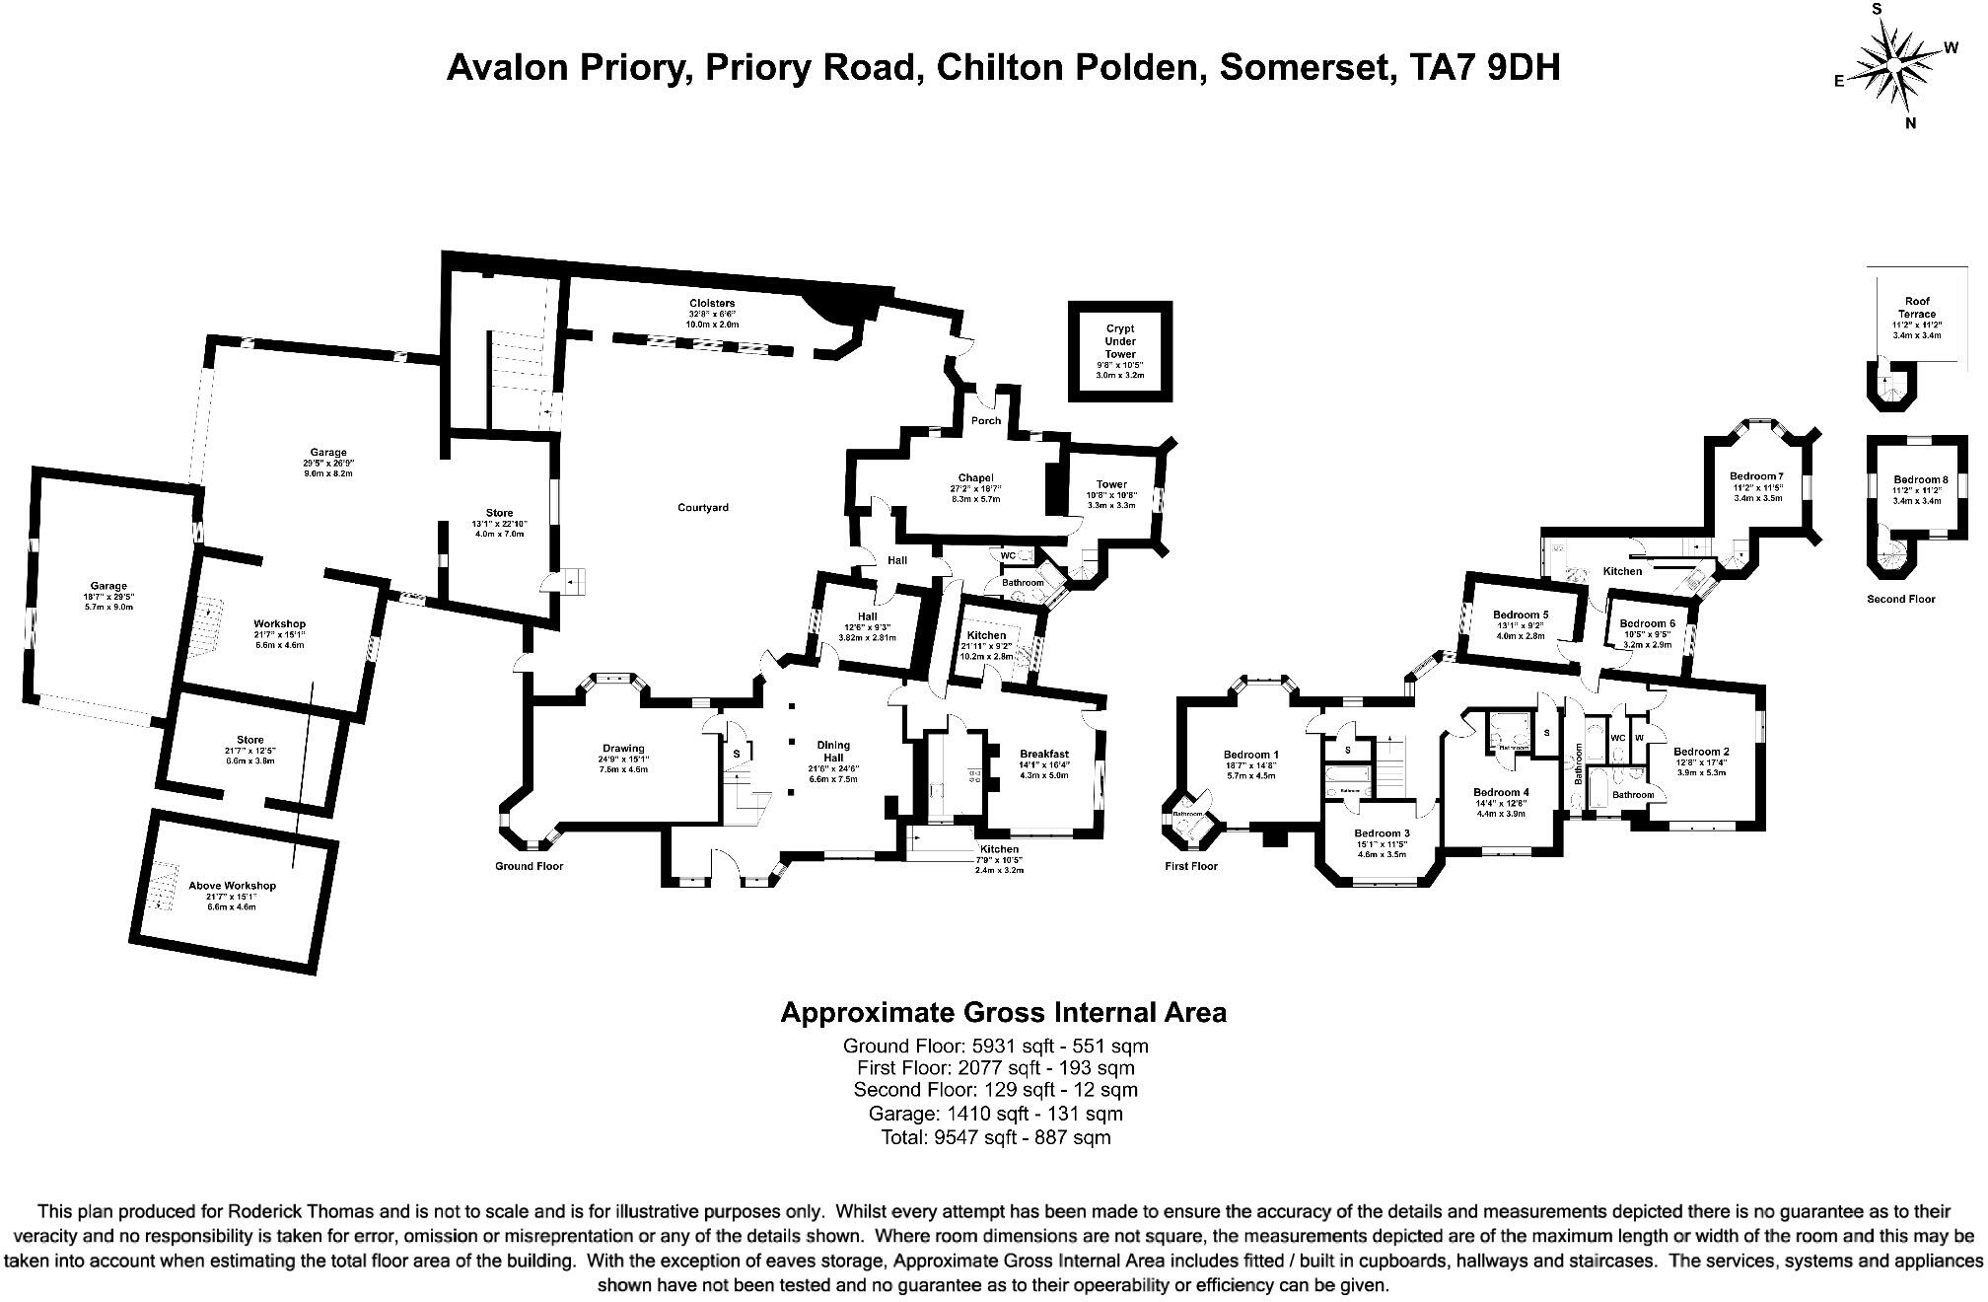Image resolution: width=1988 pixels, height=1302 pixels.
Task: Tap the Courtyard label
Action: point(702,508)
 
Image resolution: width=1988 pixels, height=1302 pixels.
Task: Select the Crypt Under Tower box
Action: point(1120,351)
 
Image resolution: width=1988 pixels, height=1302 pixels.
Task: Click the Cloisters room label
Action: point(712,304)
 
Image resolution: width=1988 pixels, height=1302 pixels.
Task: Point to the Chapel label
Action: point(975,478)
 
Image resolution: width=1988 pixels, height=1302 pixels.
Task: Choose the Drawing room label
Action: point(623,749)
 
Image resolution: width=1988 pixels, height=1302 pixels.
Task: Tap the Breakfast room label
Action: point(1044,755)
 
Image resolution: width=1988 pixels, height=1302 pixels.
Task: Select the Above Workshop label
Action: point(232,886)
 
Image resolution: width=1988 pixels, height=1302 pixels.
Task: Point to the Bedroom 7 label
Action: point(1756,477)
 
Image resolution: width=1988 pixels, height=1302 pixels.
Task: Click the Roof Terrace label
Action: point(1917,308)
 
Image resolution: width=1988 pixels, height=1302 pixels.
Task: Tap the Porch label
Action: point(985,421)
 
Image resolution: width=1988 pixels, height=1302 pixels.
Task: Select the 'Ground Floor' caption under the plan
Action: point(529,867)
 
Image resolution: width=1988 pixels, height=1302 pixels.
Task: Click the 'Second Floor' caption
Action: point(1900,599)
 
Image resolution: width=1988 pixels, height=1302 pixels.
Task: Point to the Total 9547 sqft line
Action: point(995,1137)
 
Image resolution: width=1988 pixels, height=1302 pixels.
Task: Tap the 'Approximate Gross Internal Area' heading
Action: point(1003,1012)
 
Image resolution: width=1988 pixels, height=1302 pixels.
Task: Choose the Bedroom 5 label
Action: point(1520,615)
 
